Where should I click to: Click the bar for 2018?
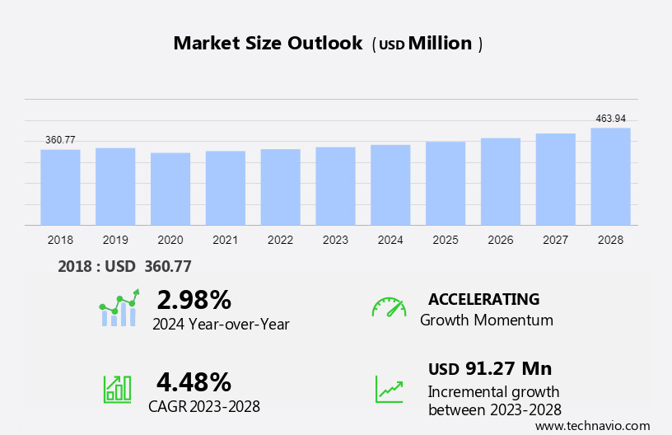click(x=60, y=187)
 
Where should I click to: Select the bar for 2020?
click(x=170, y=189)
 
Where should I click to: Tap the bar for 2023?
click(x=335, y=186)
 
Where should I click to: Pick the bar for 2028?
click(x=610, y=176)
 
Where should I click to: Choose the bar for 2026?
click(x=501, y=181)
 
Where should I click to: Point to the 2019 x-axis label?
click(x=115, y=240)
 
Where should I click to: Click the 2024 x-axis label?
click(x=390, y=240)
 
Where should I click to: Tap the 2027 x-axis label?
click(x=556, y=240)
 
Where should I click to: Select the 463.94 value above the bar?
click(x=610, y=119)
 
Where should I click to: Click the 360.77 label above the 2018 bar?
click(x=60, y=140)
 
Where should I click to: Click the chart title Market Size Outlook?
click(x=268, y=44)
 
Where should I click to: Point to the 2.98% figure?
click(x=194, y=299)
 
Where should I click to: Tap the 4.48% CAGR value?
click(x=194, y=381)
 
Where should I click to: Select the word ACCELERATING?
click(x=483, y=299)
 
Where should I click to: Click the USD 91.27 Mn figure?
click(x=490, y=368)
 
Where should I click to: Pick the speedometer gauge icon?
click(x=389, y=307)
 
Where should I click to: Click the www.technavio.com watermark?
click(x=592, y=426)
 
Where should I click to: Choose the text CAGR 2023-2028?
click(x=204, y=406)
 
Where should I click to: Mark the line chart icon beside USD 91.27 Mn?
click(x=389, y=389)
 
